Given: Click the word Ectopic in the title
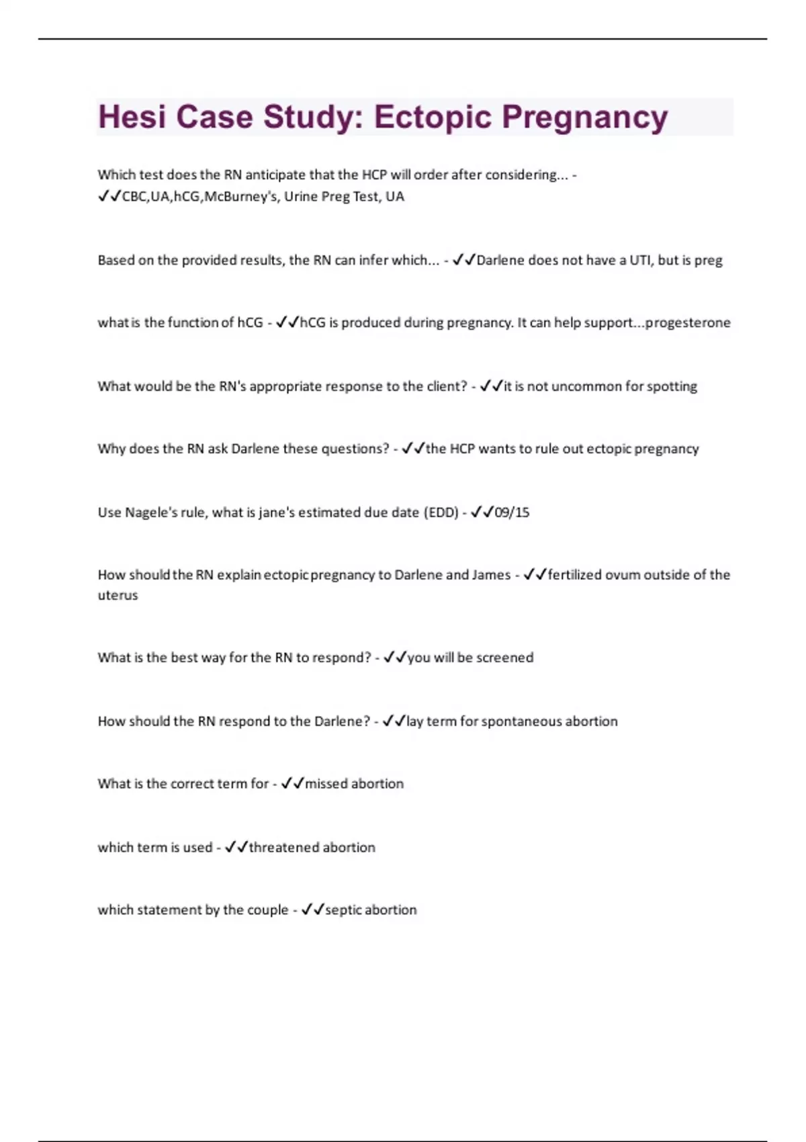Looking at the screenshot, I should tap(431, 117).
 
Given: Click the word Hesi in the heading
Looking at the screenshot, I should tap(132, 117).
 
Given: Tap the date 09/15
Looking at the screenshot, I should tap(512, 513).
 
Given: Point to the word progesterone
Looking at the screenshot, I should tap(688, 323).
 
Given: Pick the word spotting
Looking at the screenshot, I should tap(671, 386).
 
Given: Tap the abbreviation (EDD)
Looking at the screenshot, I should tap(441, 513).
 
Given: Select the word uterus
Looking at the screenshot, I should tap(118, 595).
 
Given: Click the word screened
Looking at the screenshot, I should tap(504, 658).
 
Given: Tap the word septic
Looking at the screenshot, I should tap(343, 910).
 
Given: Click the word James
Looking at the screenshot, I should tap(491, 575).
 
